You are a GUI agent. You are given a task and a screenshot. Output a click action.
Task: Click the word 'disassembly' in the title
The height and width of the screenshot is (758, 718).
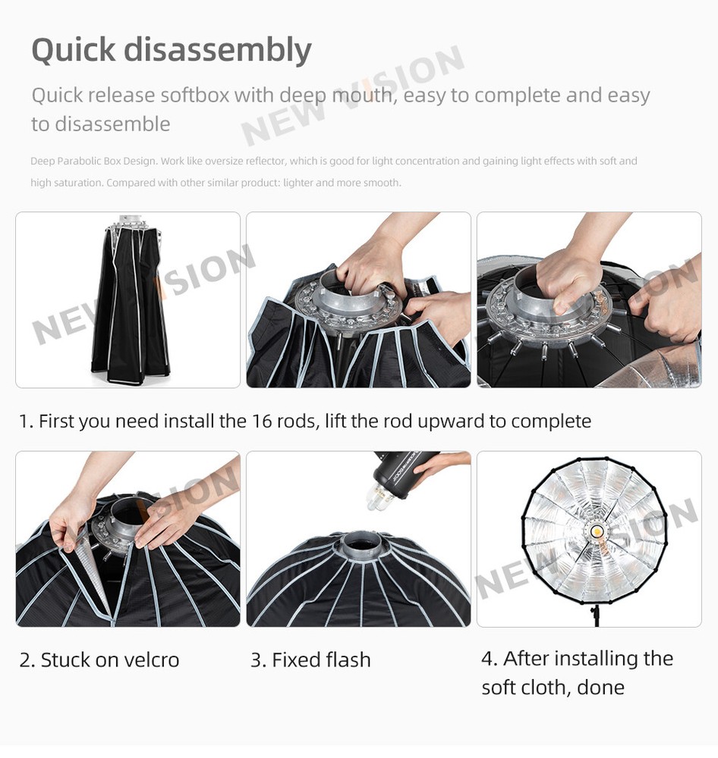(217, 50)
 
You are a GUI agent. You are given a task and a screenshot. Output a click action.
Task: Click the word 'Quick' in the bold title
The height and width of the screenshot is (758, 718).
(73, 50)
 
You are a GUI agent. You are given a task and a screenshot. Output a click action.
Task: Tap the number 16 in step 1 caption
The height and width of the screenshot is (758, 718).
(262, 421)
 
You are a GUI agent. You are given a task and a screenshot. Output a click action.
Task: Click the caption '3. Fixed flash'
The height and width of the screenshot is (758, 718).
(310, 660)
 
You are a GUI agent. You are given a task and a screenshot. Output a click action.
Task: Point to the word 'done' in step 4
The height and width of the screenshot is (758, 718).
(600, 688)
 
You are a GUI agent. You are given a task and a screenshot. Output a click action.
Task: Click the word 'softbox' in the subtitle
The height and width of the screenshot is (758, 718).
(194, 96)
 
